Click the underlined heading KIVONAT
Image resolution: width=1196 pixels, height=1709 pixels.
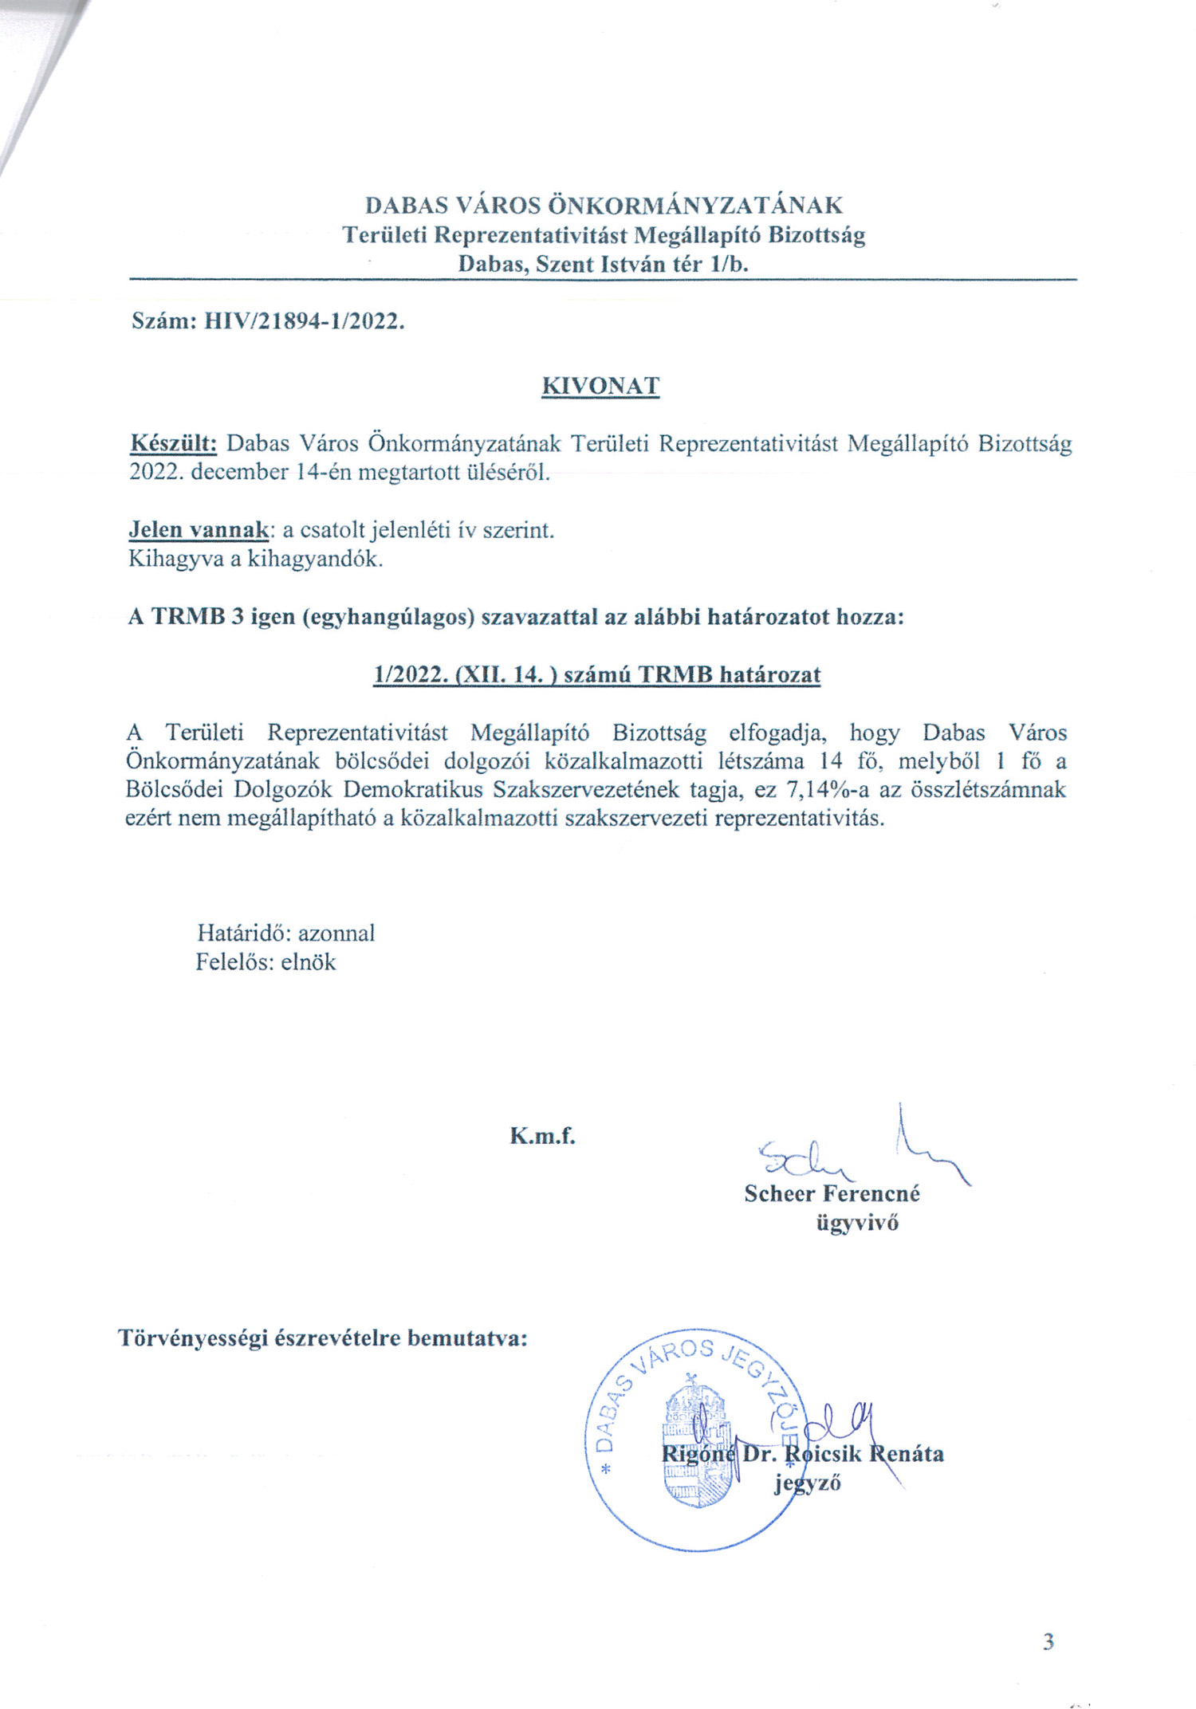pyautogui.click(x=600, y=387)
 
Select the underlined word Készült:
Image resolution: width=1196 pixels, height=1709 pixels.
pyautogui.click(x=173, y=443)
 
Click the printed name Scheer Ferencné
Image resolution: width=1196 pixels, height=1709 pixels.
pyautogui.click(x=832, y=1194)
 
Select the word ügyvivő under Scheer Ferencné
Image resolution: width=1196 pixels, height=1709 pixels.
pyautogui.click(x=857, y=1223)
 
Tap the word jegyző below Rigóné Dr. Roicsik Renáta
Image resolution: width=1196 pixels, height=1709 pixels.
pyautogui.click(x=807, y=1483)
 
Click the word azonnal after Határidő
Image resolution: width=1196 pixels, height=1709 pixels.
pyautogui.click(x=336, y=933)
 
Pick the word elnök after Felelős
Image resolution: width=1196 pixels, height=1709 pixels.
pyautogui.click(x=309, y=962)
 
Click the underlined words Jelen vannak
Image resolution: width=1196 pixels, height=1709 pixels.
pyautogui.click(x=199, y=530)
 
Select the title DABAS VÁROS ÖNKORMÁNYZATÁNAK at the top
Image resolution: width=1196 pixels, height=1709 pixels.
pyautogui.click(x=604, y=206)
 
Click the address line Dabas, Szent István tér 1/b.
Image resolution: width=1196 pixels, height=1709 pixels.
pyautogui.click(x=604, y=265)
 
